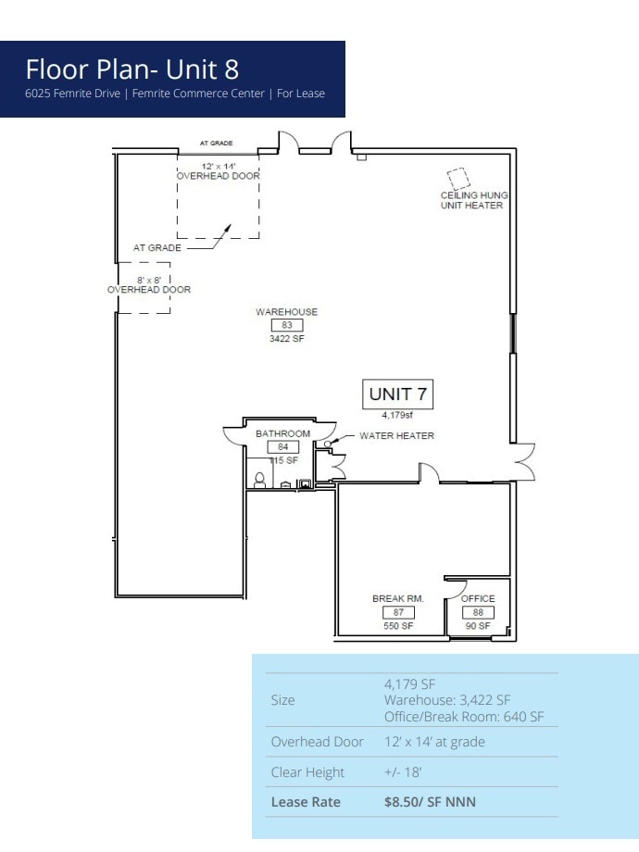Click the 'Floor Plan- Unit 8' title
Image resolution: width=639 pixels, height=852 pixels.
pos(132,69)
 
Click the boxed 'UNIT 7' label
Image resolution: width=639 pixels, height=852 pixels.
pos(397,394)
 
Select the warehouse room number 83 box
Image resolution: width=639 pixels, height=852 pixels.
pos(286,325)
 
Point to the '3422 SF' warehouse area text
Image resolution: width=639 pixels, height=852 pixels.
pos(286,339)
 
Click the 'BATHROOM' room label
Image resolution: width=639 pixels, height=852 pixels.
pos(282,433)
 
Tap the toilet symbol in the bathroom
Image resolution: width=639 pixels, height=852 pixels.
pos(260,479)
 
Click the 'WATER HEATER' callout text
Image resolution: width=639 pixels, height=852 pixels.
pos(396,435)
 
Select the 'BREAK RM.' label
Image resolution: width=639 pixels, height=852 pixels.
pos(398,599)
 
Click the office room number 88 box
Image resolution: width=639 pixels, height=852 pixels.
pos(478,612)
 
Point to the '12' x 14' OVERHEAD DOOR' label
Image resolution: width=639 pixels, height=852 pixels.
pos(218,169)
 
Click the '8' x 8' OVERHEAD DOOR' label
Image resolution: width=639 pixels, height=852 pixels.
pos(148,284)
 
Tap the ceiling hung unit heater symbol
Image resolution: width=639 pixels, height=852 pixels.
pos(457,178)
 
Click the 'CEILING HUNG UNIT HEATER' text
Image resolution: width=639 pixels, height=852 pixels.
pos(473,200)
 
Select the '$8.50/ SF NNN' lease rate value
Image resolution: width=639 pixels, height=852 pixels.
pos(430,802)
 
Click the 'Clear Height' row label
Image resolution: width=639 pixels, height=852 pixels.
pos(307,772)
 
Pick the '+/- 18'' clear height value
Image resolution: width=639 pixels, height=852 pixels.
pos(405,772)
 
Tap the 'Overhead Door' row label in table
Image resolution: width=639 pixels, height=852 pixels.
pos(317,742)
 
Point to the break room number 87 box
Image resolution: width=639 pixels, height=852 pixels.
pos(397,612)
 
